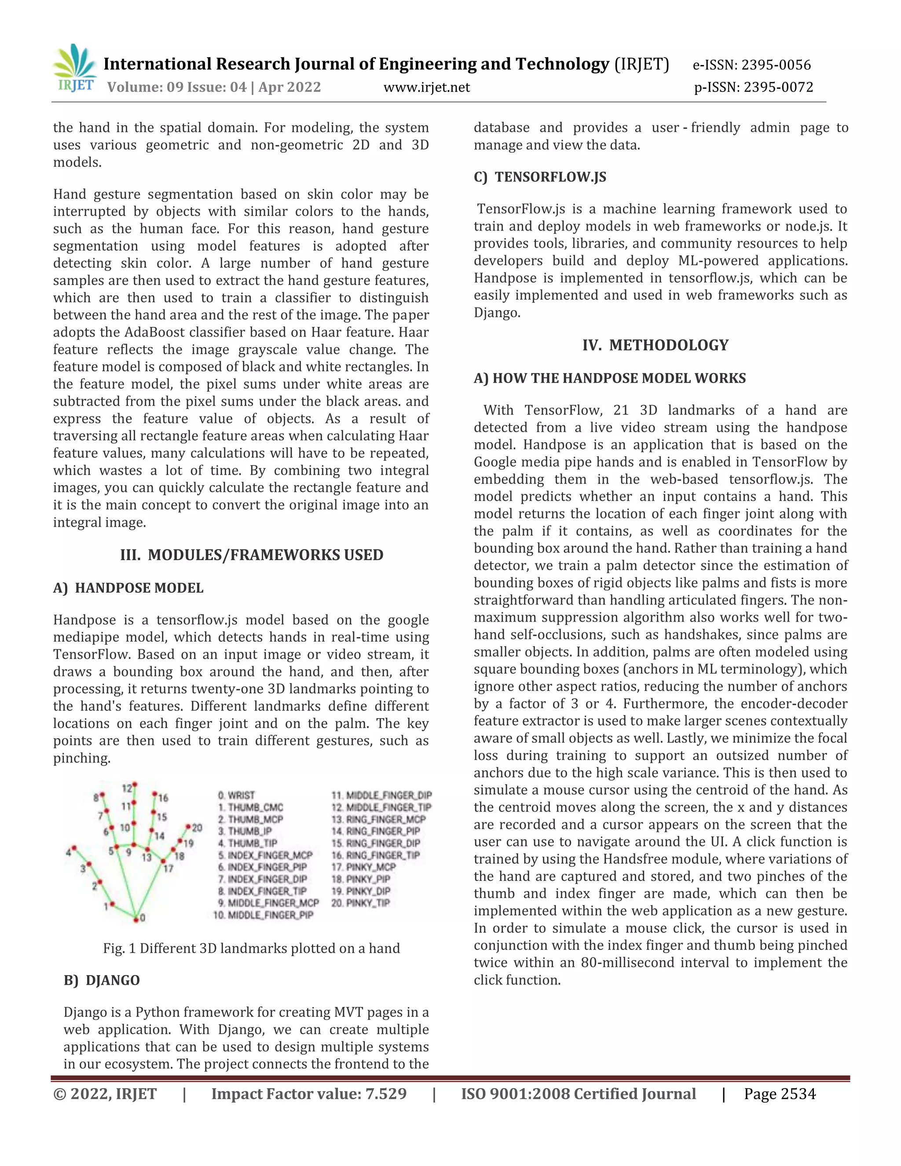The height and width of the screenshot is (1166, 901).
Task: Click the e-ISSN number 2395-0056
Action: pos(776,65)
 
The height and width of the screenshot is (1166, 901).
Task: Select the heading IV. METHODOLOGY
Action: pos(655,345)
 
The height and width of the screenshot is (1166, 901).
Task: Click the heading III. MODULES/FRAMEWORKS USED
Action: pos(251,555)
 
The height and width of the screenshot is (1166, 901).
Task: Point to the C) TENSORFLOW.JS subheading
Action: pos(540,177)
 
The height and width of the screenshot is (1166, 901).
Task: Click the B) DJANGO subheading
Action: pos(102,980)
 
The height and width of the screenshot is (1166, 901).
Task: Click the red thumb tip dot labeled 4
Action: pos(74,848)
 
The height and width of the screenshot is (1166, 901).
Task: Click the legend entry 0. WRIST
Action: pos(236,795)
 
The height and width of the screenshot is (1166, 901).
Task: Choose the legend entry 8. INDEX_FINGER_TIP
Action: pos(262,891)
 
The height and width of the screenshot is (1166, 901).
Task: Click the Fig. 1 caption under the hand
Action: pos(251,948)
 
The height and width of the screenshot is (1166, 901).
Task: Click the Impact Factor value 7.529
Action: pos(385,1094)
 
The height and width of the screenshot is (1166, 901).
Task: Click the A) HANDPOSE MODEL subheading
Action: pos(128,588)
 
